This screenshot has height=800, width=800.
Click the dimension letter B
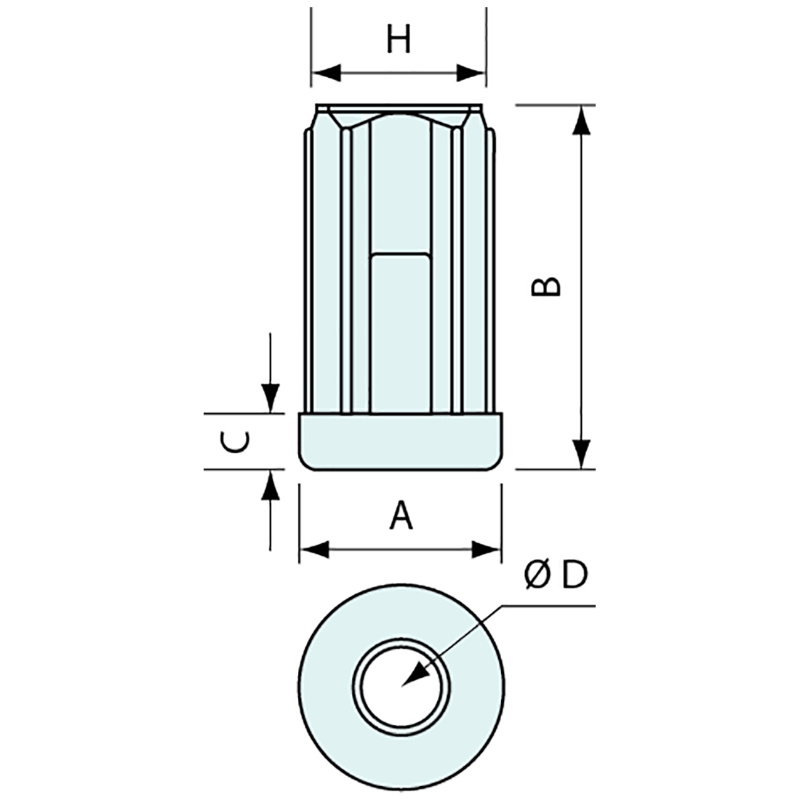click(x=546, y=287)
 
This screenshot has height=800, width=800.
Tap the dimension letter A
click(x=401, y=516)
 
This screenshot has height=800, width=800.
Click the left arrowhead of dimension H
click(x=325, y=73)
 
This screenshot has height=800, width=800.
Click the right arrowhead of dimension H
click(x=471, y=73)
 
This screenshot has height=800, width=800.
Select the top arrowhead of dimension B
click(x=580, y=120)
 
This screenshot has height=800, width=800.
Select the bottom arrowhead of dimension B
click(x=580, y=455)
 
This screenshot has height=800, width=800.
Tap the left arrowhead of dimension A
click(x=314, y=549)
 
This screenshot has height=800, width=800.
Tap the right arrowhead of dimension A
click(x=487, y=549)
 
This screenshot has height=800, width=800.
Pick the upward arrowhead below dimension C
click(x=271, y=485)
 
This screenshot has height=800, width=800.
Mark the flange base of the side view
click(x=401, y=441)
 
